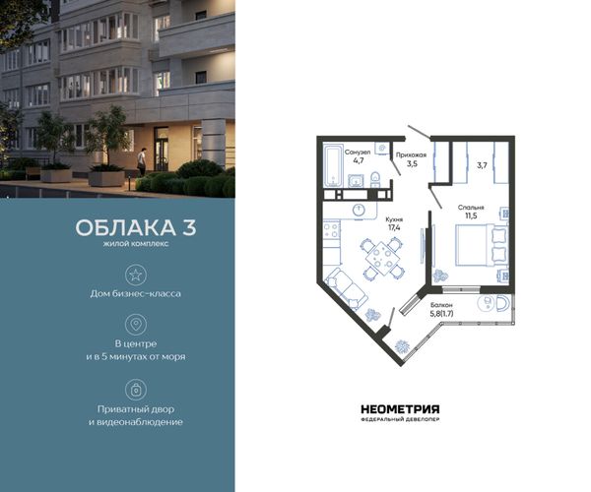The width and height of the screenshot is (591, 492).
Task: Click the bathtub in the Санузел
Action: pyautogui.click(x=333, y=166)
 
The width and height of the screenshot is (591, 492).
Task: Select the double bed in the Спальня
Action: pyautogui.click(x=481, y=245)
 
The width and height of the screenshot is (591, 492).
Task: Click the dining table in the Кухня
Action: pyautogui.click(x=384, y=259)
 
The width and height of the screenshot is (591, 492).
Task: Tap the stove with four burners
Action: pyautogui.click(x=332, y=230)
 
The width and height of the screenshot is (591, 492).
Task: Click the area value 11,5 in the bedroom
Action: pyautogui.click(x=471, y=215)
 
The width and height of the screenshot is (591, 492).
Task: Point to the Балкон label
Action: pyautogui.click(x=441, y=305)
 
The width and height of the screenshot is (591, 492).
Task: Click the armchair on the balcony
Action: pyautogui.click(x=502, y=303)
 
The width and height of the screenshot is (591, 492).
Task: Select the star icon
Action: pyautogui.click(x=136, y=275)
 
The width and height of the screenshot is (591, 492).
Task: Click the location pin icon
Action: pyautogui.click(x=136, y=324)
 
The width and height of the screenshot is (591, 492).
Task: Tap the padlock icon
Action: pyautogui.click(x=136, y=390)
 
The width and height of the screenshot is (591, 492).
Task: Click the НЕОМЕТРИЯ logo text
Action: pyautogui.click(x=400, y=408)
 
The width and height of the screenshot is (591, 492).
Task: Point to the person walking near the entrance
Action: pyautogui.click(x=141, y=161)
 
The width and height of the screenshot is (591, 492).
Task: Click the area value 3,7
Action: pyautogui.click(x=482, y=165)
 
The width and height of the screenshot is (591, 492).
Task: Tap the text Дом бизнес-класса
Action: pyautogui.click(x=136, y=293)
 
